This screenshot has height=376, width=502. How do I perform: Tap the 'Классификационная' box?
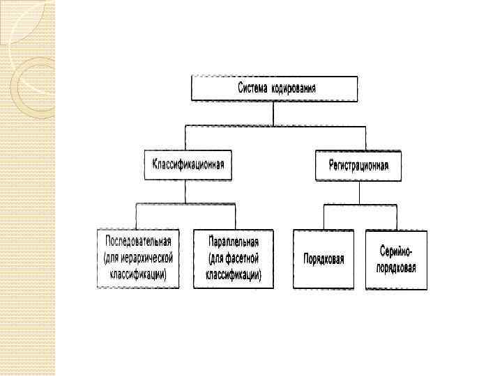tap(188, 164)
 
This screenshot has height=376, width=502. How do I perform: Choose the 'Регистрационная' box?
tap(358, 166)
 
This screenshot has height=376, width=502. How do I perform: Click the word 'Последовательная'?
tap(138, 242)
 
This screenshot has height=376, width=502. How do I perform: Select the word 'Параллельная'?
tap(234, 242)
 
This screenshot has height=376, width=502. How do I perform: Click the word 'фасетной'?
tap(243, 258)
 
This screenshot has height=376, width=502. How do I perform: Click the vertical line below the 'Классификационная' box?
tap(186, 191)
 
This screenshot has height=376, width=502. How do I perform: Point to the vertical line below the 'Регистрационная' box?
tap(360, 193)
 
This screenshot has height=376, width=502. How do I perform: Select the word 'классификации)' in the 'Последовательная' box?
tap(138, 274)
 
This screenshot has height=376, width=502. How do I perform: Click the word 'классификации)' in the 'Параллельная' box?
tap(234, 274)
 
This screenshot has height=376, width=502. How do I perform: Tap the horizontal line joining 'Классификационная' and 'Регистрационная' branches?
tap(275, 126)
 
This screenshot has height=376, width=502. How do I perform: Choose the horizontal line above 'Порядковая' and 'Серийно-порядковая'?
tap(360, 205)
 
